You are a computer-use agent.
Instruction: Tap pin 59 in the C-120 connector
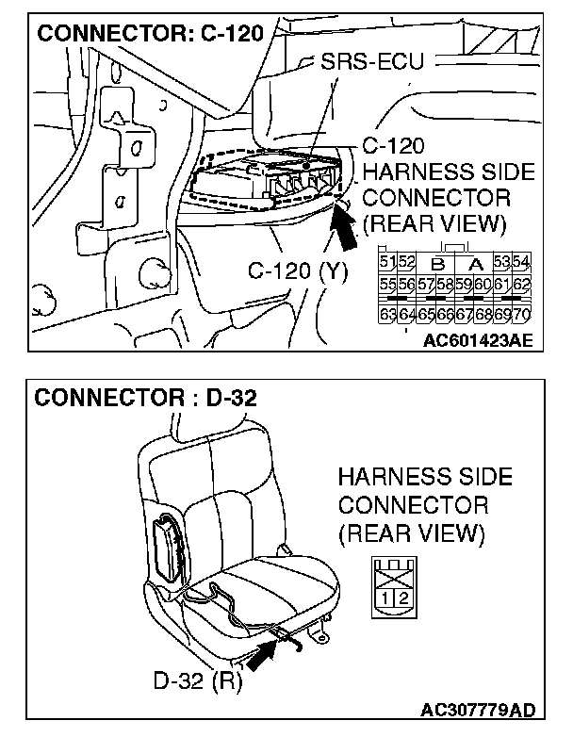pos(465,285)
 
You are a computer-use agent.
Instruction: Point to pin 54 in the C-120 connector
pos(522,260)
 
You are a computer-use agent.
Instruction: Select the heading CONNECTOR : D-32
pos(145,397)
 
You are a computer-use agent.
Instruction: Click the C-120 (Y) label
pos(299,271)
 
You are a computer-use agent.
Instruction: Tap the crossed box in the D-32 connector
pos(392,569)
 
